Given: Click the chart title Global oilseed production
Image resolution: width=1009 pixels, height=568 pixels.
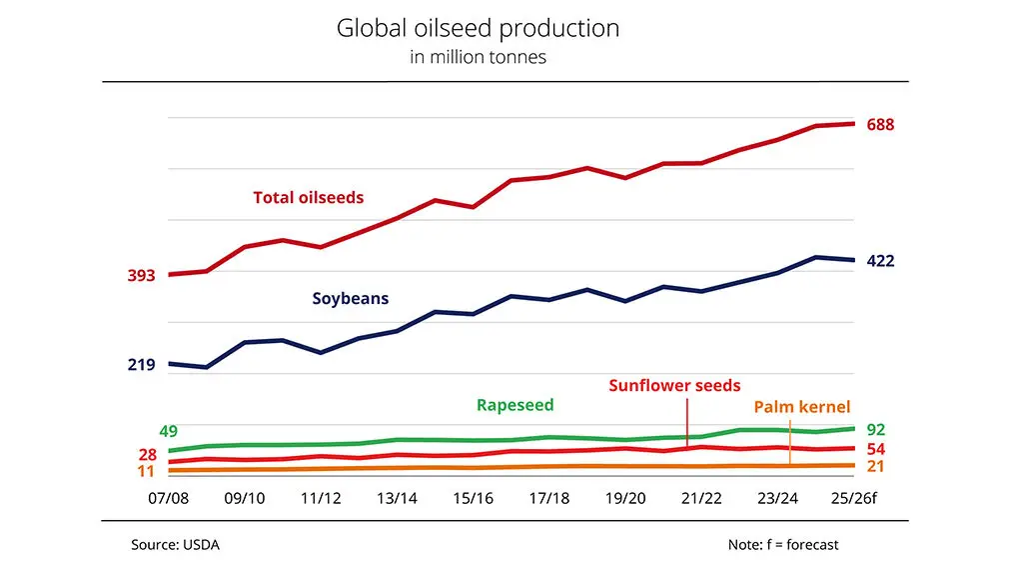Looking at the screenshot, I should point(478,28).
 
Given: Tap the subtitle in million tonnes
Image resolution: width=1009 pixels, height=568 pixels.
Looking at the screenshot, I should point(478,57).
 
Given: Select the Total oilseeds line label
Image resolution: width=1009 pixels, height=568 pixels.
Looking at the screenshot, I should point(308,198).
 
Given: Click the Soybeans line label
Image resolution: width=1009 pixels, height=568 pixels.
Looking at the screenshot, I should point(350,298).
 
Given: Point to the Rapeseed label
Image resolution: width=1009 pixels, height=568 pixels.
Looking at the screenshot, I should point(514,405).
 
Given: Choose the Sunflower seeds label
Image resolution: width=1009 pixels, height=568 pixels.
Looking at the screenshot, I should point(674,385).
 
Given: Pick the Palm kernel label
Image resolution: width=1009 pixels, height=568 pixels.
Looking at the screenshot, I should point(801,406).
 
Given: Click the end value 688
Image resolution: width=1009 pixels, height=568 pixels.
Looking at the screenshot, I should point(880,125).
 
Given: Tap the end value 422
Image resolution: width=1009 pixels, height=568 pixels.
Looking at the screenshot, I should point(880,261).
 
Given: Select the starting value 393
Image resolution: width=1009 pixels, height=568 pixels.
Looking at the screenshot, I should point(141,276).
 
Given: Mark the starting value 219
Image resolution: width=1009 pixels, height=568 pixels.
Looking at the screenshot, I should point(141,365).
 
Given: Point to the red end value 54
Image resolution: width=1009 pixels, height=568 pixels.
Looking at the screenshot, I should point(875,449).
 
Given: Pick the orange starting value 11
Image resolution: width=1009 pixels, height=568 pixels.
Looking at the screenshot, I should point(145,471).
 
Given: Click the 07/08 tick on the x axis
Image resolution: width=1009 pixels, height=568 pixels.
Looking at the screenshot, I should point(169,498).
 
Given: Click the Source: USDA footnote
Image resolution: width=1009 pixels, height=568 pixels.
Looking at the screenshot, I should point(175,545).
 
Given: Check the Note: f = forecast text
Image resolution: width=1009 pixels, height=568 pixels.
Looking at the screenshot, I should point(783,545).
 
